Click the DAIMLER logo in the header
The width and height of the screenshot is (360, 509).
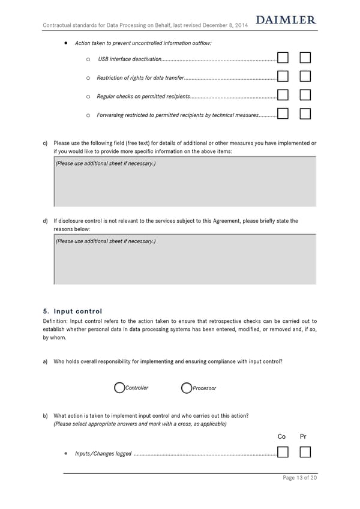(x=286, y=20)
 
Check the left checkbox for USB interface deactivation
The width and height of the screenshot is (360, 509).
(x=284, y=58)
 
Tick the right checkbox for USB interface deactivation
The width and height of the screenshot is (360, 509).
(x=305, y=58)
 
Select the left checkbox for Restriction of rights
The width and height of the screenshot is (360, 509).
(x=284, y=77)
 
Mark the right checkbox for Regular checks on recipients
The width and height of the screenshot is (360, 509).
(x=305, y=95)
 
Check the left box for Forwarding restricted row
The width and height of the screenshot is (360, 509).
(x=284, y=114)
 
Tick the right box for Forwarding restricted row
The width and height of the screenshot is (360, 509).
(x=305, y=114)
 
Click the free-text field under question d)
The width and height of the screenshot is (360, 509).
(x=185, y=259)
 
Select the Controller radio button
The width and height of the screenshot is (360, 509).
(x=119, y=388)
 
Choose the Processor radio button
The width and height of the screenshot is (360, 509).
(x=187, y=388)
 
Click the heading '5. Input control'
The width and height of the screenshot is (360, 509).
(x=73, y=311)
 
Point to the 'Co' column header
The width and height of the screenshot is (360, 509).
(x=282, y=436)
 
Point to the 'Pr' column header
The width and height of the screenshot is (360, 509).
(x=303, y=436)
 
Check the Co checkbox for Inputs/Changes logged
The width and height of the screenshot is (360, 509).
(x=284, y=453)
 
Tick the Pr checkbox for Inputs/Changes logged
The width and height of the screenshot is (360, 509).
(x=305, y=453)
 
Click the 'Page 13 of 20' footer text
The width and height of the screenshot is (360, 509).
(x=299, y=478)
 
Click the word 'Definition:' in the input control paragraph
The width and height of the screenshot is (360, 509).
(x=56, y=322)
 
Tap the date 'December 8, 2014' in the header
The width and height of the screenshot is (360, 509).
(x=225, y=25)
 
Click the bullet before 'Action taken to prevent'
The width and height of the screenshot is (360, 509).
(x=65, y=43)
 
